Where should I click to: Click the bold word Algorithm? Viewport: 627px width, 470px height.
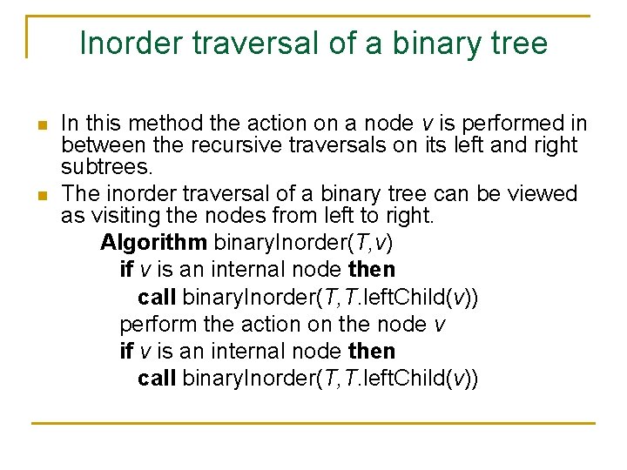click(154, 241)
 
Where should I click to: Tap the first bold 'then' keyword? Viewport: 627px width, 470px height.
click(371, 270)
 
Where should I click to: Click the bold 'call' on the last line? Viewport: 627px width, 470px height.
click(157, 379)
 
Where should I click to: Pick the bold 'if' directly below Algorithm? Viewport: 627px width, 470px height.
click(126, 270)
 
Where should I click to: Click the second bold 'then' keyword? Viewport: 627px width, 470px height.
click(371, 352)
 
